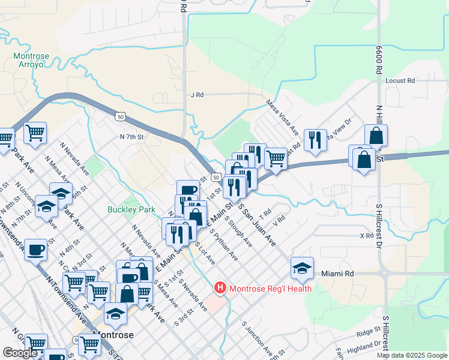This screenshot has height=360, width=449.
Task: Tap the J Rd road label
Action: point(197,95)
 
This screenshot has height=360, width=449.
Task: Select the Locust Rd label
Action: point(400,80)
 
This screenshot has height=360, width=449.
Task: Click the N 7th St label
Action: point(132,137)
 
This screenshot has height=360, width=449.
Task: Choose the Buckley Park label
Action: point(131,209)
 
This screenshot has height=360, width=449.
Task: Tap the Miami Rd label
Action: point(337,274)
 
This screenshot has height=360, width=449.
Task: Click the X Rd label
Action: point(366,236)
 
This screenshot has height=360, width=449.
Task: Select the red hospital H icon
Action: point(220,289)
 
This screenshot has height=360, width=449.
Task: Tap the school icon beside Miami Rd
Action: point(302,268)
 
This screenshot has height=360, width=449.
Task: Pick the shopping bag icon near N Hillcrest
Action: point(376,136)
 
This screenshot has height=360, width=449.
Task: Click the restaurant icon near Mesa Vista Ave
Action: point(315,140)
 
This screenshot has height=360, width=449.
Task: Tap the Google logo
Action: point(20,353)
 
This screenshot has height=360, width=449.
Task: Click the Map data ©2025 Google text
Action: point(411,355)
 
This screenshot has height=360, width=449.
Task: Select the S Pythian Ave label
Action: point(223,245)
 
